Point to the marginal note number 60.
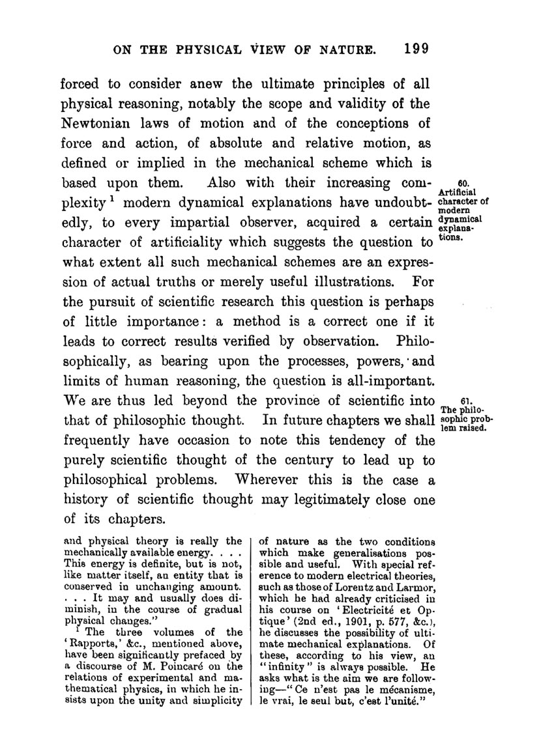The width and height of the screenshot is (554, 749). [465, 183]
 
